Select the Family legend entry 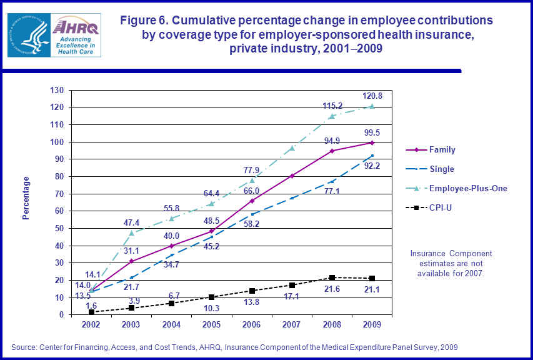coord(442,150)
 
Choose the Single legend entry coord(442,169)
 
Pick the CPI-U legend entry coord(441,207)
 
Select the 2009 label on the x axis coord(373,325)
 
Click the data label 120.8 coord(372,96)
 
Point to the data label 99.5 coord(373,132)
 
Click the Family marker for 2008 coord(333,151)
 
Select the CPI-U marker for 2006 coord(252,291)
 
